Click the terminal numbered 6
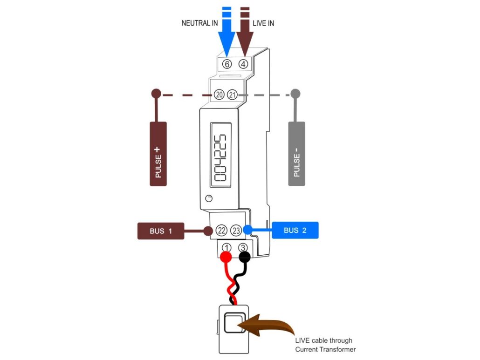click(x=227, y=64)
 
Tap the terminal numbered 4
click(x=243, y=64)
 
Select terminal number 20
click(x=219, y=95)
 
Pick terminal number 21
click(x=233, y=95)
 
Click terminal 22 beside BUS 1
click(x=221, y=231)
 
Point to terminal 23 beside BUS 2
click(x=236, y=231)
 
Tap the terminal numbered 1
click(x=226, y=248)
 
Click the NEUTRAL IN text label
click(x=199, y=23)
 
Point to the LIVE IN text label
click(x=263, y=23)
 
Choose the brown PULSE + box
click(x=158, y=154)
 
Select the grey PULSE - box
click(x=297, y=154)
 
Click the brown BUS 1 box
click(x=161, y=231)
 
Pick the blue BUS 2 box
click(x=295, y=231)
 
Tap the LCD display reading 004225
click(x=220, y=155)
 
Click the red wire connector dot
click(x=226, y=257)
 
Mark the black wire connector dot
click(x=244, y=257)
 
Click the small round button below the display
click(x=209, y=198)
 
